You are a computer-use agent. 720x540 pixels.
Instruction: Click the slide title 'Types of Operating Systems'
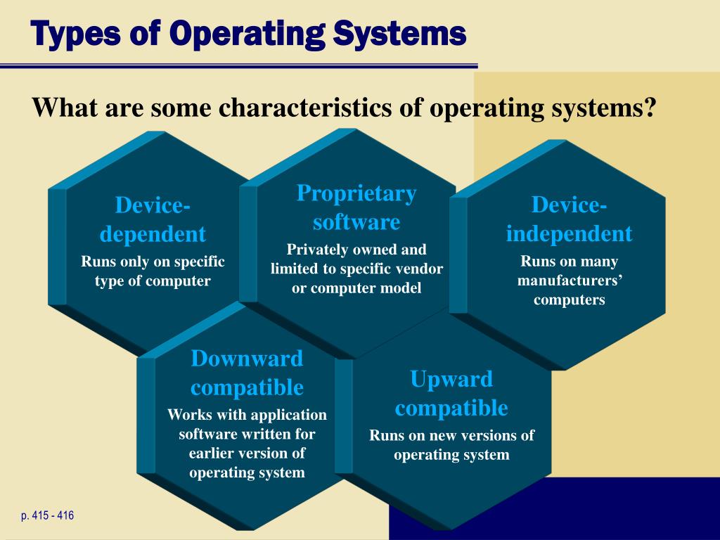point(249,33)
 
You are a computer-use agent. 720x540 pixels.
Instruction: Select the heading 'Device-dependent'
point(153,219)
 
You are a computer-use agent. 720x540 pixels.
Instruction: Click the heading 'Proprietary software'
point(356,207)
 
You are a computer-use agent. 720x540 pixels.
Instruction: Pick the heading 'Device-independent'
point(569,219)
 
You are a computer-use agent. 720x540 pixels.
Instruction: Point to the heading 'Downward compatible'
point(247,373)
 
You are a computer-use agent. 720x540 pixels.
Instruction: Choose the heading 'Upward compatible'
point(451,393)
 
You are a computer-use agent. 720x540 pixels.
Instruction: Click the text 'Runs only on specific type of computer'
point(153,271)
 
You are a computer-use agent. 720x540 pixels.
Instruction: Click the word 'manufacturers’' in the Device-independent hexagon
point(570,281)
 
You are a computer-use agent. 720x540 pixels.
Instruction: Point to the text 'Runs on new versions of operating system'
point(451,445)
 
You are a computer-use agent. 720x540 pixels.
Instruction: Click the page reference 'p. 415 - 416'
point(47,516)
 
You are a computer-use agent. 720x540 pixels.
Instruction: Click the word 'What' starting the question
point(65,109)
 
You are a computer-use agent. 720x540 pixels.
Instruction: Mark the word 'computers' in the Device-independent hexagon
point(569,300)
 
